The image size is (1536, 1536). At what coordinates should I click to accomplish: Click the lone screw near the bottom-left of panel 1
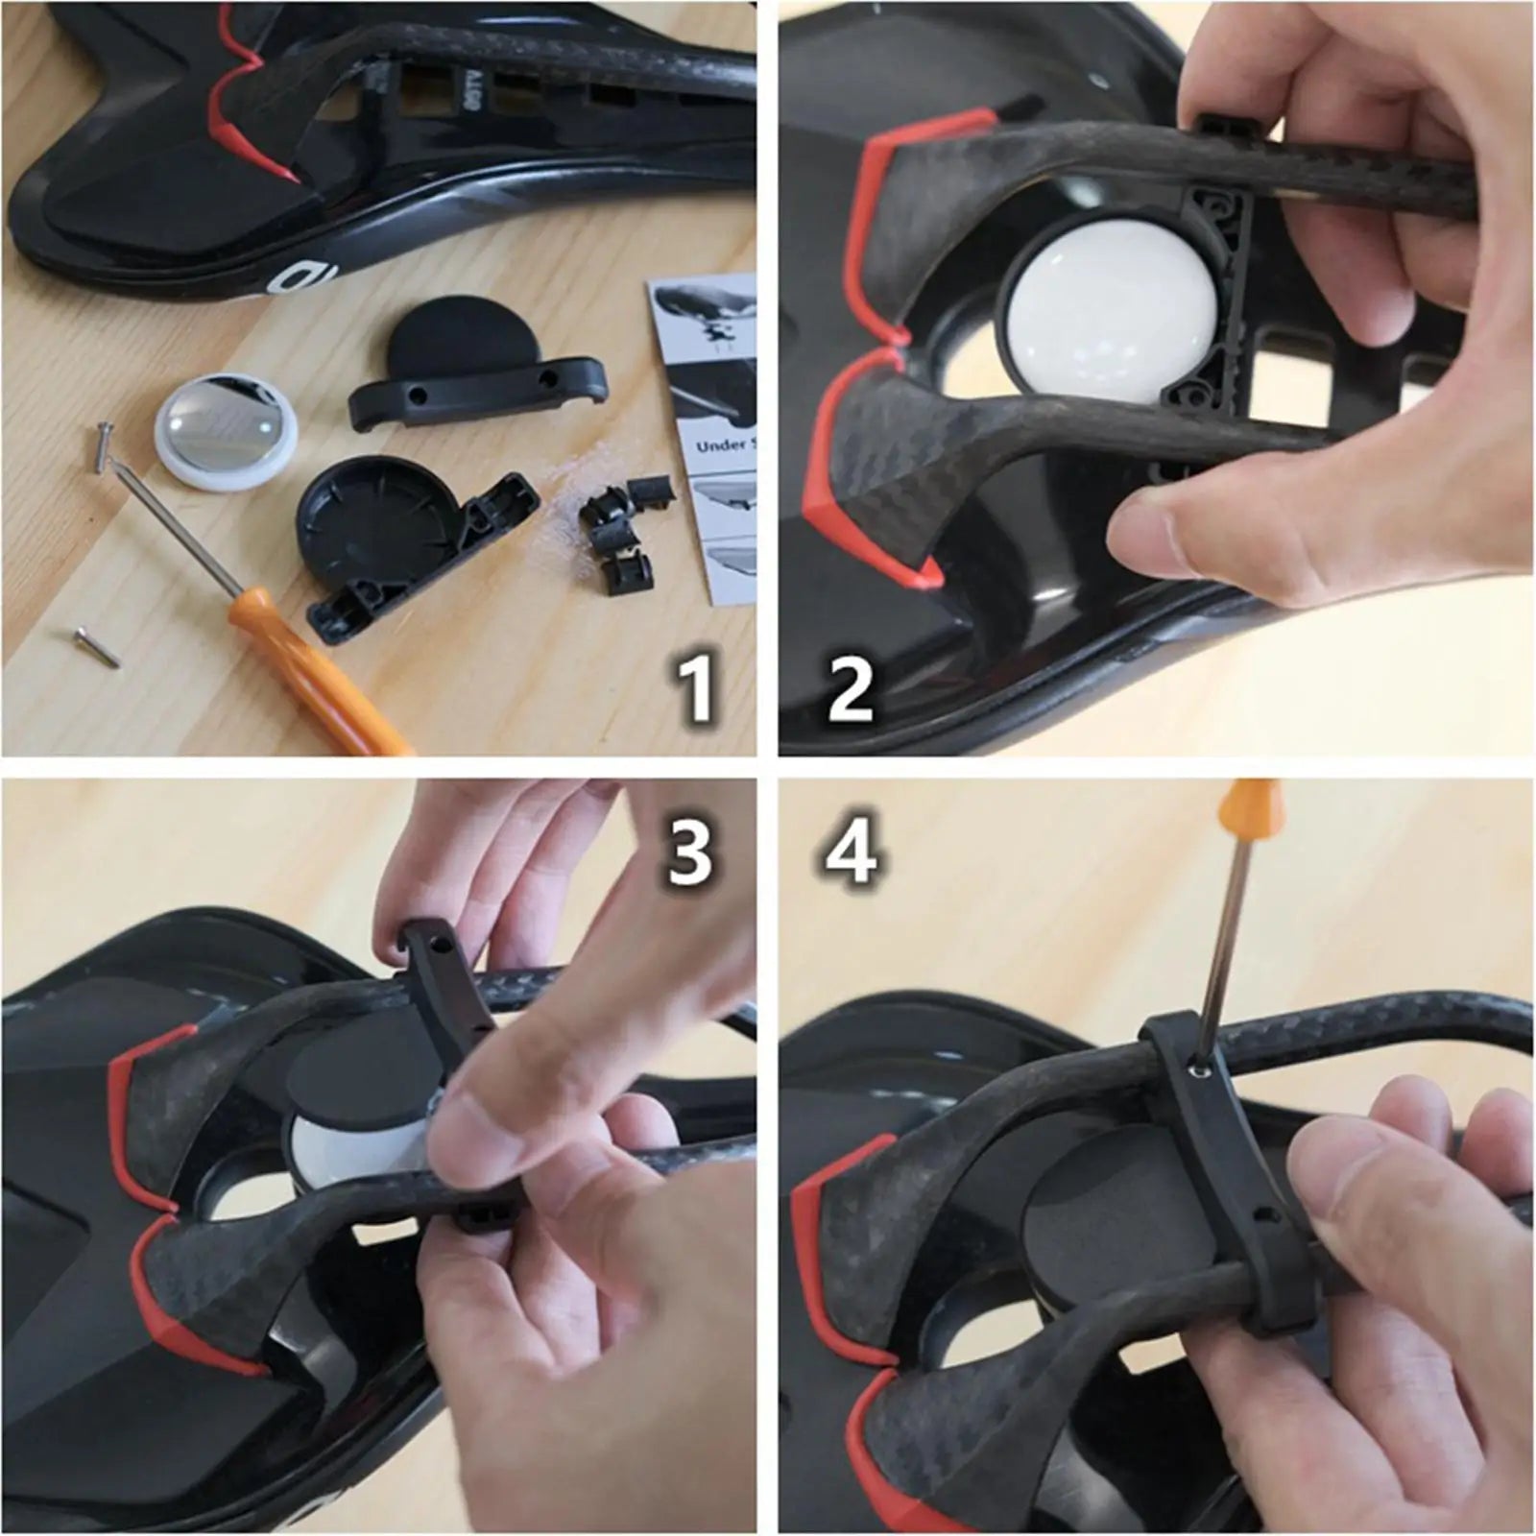tap(97, 646)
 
